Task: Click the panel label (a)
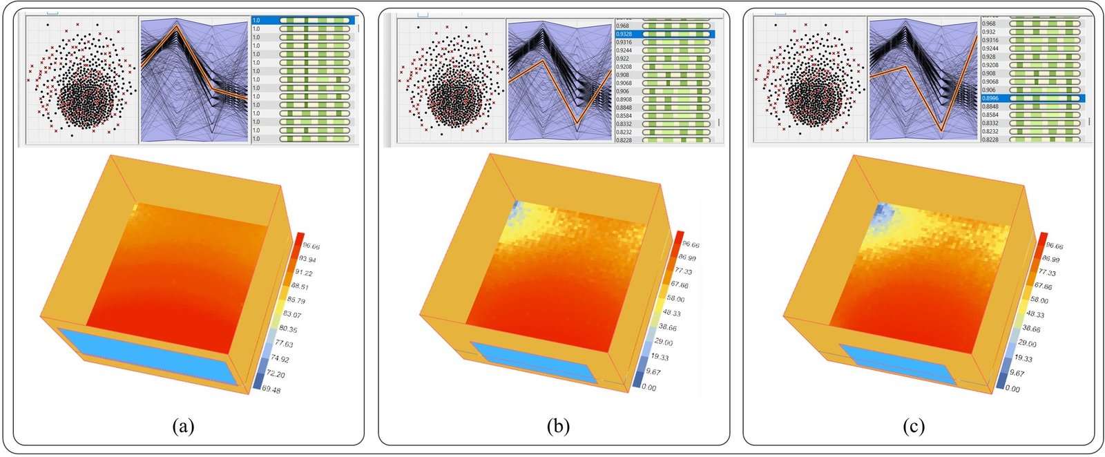click(x=183, y=426)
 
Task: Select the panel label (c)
click(x=913, y=426)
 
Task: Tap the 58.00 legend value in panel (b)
click(x=674, y=299)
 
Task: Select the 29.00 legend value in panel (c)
click(x=1027, y=343)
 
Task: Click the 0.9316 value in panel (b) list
click(x=624, y=42)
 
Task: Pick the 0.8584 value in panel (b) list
click(x=624, y=116)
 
